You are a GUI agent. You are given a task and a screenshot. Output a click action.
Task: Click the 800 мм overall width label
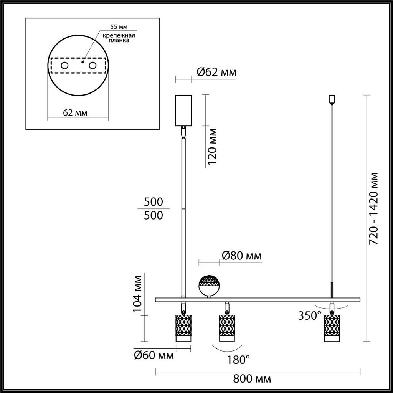252,379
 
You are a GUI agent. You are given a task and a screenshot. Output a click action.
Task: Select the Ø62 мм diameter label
216,72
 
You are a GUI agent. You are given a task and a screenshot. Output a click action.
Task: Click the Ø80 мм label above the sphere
242,256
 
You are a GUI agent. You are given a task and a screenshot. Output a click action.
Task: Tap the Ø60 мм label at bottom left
154,355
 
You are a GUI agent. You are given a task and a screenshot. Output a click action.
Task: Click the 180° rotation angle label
238,360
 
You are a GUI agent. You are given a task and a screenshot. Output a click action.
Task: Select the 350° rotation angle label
310,315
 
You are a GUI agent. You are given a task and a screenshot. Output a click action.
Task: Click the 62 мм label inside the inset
75,113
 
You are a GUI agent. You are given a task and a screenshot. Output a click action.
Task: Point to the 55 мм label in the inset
118,27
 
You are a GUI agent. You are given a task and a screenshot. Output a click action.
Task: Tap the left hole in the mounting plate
64,66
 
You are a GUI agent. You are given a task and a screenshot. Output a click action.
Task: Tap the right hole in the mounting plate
92,66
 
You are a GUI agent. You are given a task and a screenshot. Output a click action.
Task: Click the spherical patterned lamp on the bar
209,285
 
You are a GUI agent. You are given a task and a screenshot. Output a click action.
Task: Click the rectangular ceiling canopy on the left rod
183,110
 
